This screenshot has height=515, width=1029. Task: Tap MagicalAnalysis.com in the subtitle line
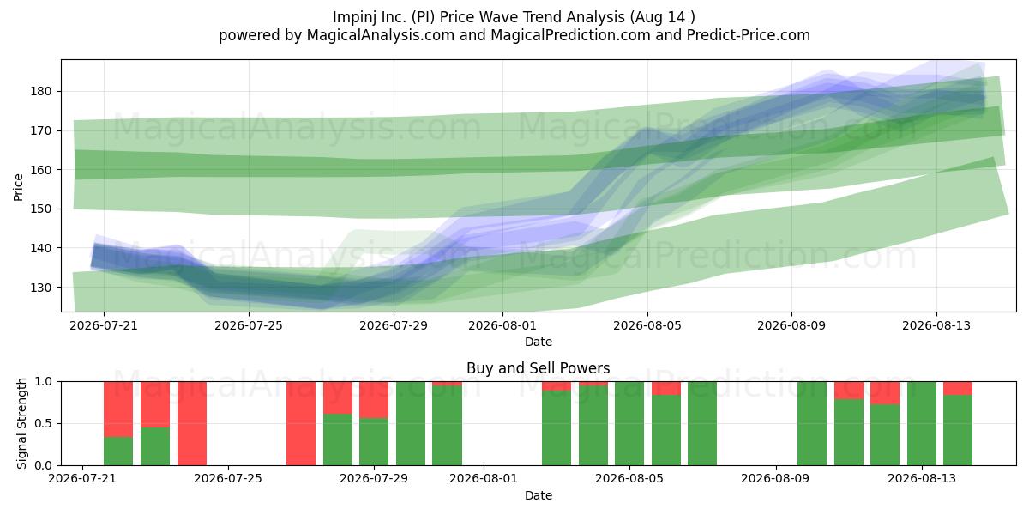coord(381,35)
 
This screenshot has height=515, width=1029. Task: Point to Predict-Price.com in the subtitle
coord(749,35)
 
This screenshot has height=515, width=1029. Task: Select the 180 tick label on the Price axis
coord(41,92)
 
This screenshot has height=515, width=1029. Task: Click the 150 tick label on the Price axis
coord(41,209)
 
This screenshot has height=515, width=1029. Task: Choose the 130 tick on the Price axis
coord(41,288)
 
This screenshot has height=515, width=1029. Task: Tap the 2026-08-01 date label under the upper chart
coord(502,325)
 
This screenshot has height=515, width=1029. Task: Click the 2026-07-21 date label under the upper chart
coord(104,325)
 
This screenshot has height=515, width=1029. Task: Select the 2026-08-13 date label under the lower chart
coord(922,479)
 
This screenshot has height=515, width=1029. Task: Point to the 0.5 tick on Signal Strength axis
coord(43,423)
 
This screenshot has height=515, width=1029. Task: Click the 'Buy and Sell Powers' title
coord(538,368)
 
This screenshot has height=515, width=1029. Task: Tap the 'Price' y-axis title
coord(18,187)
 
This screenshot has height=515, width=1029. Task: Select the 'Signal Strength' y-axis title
coord(21,423)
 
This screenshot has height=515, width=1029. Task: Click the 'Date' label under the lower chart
coord(539,495)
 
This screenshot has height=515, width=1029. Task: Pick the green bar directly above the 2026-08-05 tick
coord(629,423)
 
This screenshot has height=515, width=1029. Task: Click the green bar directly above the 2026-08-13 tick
coord(922,423)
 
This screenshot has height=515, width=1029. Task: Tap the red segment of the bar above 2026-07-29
coord(374,400)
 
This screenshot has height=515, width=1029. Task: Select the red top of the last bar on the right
coord(958,388)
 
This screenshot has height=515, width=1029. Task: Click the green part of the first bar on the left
coord(118,451)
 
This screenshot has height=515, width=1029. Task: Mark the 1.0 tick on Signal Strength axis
coord(43,382)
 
